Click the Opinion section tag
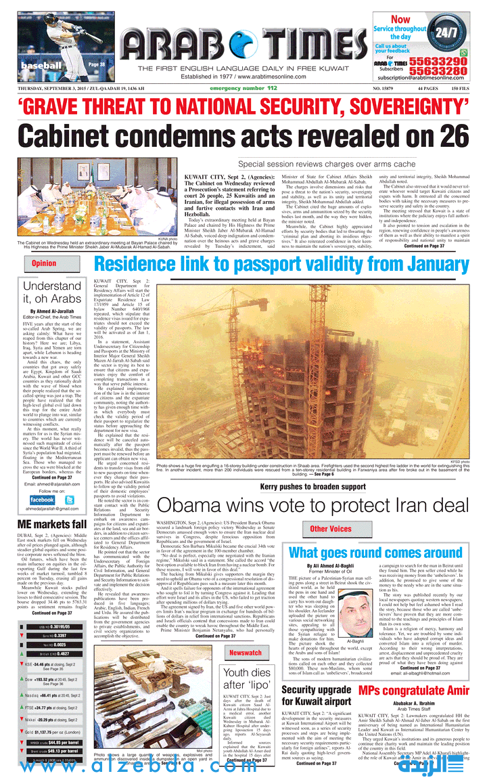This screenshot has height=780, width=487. [44, 263]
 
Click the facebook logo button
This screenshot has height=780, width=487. [42, 500]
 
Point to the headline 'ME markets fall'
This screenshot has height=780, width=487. [52, 524]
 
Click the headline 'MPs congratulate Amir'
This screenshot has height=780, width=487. [413, 691]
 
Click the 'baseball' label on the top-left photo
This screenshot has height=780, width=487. [41, 66]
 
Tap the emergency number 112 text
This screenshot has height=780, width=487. [243, 89]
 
